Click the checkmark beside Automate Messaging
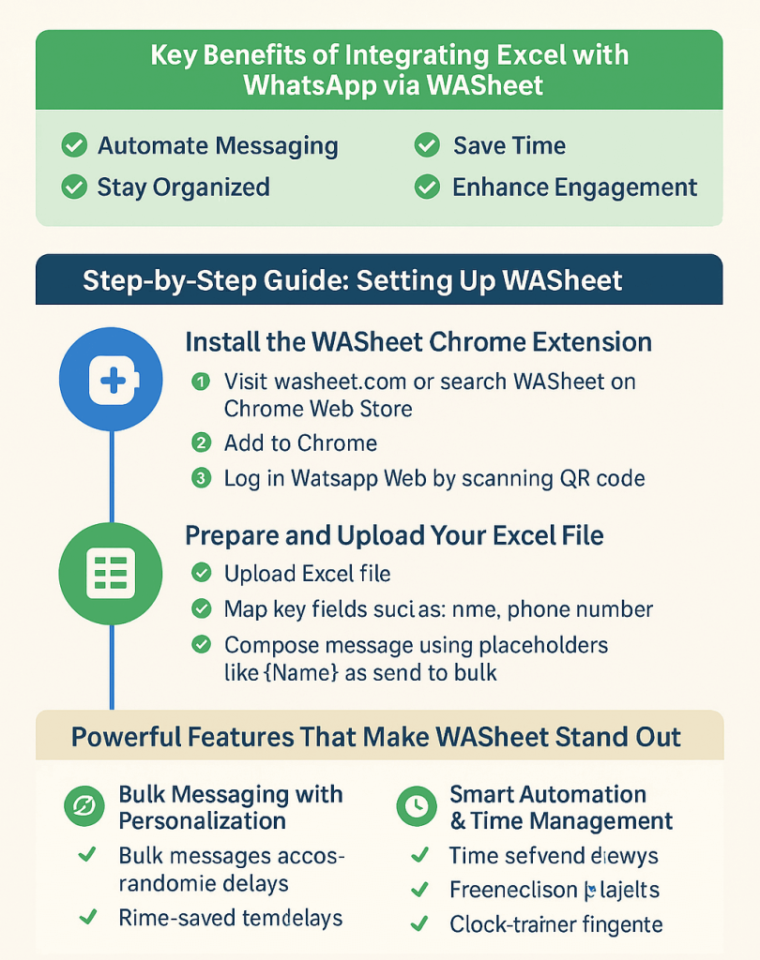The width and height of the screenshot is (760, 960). (73, 146)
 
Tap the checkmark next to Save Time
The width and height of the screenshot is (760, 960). (427, 146)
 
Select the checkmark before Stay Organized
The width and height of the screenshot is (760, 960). (73, 187)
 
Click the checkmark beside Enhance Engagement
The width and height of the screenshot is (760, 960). (427, 187)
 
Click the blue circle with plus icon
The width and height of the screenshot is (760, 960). (111, 379)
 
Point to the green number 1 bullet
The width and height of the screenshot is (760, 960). (200, 382)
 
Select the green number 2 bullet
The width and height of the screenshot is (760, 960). (200, 442)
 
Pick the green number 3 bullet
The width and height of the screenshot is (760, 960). (200, 478)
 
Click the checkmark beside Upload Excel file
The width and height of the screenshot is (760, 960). (201, 573)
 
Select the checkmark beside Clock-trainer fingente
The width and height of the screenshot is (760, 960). (421, 924)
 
